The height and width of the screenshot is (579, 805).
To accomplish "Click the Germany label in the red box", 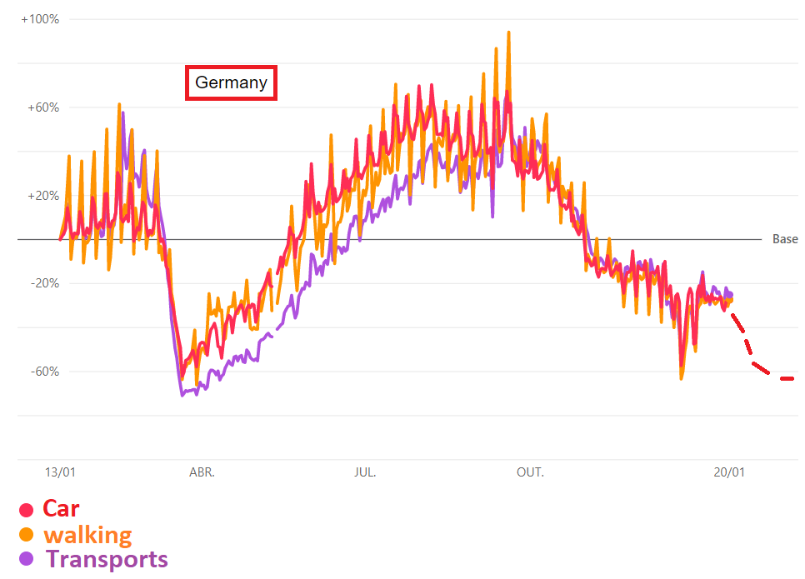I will [231, 82].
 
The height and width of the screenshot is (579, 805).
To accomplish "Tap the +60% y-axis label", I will [42, 107].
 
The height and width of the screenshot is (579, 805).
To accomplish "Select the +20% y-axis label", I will [42, 196].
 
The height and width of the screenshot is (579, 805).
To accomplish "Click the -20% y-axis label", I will [43, 283].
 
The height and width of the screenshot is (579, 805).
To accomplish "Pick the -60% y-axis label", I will [43, 372].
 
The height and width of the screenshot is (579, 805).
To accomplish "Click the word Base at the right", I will [785, 239].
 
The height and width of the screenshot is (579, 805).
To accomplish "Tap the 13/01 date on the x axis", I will [60, 472].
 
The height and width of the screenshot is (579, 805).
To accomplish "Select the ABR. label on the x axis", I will [202, 472].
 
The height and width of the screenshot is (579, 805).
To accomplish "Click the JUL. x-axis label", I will [365, 472].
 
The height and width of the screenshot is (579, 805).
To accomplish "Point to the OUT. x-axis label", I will [530, 472].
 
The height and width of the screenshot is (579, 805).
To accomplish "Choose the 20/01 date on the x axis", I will [729, 472].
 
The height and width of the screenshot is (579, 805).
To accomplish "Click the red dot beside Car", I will [27, 510].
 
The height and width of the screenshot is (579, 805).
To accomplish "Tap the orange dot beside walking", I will [27, 535].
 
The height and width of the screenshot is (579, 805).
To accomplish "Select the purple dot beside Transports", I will [27, 559].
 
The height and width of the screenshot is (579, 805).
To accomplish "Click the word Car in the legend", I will [62, 508].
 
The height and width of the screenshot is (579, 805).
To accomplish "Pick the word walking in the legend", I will [87, 534].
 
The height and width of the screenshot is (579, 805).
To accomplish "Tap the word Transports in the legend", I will [107, 559].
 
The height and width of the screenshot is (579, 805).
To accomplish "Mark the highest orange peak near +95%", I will [508, 33].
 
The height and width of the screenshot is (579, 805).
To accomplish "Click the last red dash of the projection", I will [787, 379].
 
